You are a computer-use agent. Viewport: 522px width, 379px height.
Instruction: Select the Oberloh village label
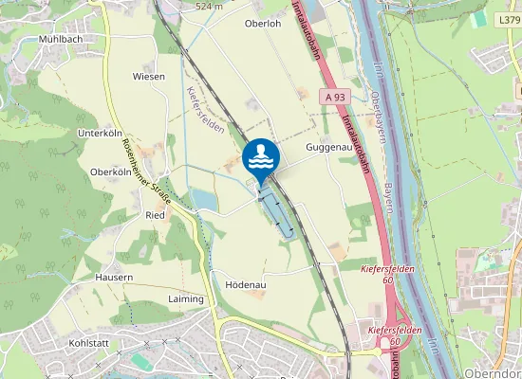pyautogui.click(x=264, y=24)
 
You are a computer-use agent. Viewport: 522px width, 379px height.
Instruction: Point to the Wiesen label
pyautogui.click(x=149, y=76)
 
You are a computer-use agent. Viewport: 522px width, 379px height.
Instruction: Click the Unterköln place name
pyautogui.click(x=102, y=133)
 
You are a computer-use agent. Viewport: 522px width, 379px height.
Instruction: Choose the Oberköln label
pyautogui.click(x=109, y=171)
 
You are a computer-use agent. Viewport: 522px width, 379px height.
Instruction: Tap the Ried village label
pyautogui.click(x=155, y=215)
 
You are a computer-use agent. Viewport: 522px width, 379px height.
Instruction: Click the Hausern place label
pyautogui.click(x=114, y=277)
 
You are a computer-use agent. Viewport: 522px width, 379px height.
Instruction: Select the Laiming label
pyautogui.click(x=185, y=298)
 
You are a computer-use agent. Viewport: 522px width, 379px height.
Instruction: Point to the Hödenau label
pyautogui.click(x=245, y=283)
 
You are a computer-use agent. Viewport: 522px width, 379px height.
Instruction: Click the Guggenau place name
pyautogui.click(x=329, y=149)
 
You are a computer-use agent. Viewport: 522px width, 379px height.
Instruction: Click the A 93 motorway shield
pyautogui.click(x=332, y=97)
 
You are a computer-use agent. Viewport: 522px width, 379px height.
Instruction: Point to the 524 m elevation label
pyautogui.click(x=209, y=7)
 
